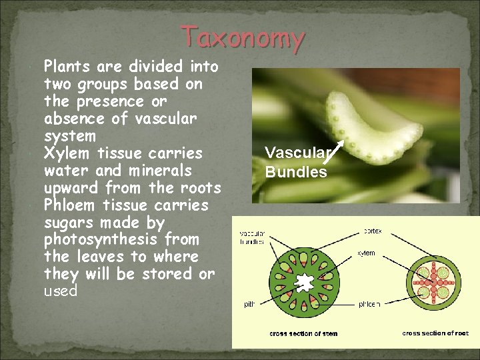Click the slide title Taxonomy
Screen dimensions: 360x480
pos(243,37)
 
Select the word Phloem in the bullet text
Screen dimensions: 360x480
pos(69,205)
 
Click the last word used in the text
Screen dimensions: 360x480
pos(61,291)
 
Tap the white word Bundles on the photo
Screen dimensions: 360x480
pos(296,172)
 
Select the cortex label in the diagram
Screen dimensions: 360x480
pos(372,231)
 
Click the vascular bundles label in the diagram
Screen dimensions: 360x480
pos(252,237)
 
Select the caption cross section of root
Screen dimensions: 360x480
pos(435,333)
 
